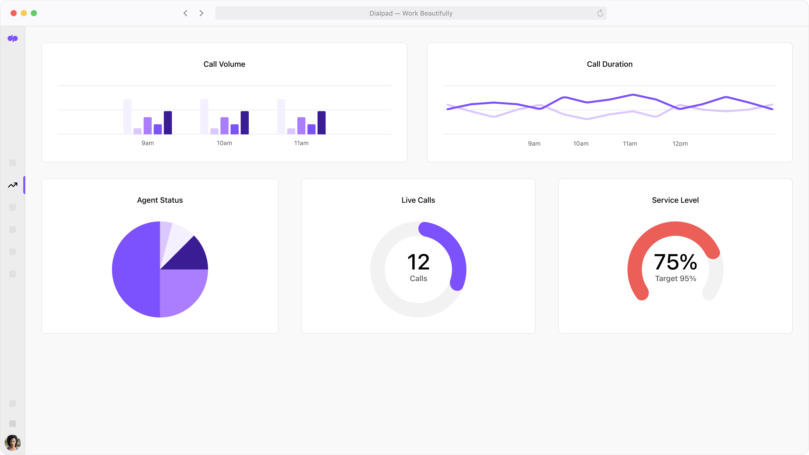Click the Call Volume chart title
(224, 64)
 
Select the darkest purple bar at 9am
(168, 123)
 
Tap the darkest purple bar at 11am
(321, 123)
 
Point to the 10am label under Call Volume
(224, 143)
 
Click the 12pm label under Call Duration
(680, 144)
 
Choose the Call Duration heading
(610, 64)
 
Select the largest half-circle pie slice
(135, 269)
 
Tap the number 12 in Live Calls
(418, 262)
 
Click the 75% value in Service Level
(675, 262)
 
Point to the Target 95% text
(675, 279)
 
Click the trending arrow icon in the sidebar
(13, 185)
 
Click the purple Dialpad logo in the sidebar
(13, 38)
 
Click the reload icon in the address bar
(600, 13)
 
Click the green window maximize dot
(34, 13)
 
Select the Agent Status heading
(160, 200)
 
